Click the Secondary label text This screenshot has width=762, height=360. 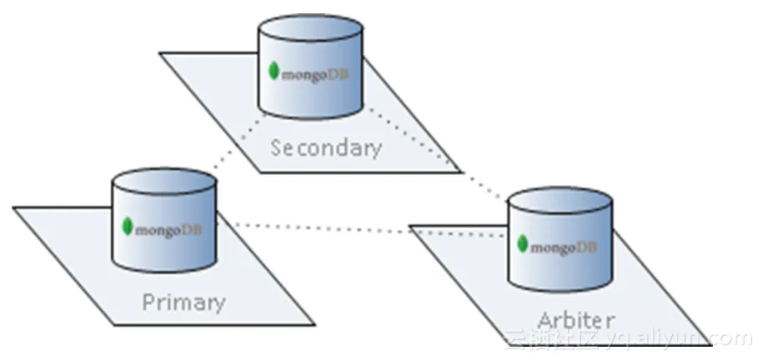(326, 148)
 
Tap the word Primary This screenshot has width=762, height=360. (183, 301)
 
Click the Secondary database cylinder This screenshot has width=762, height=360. (310, 75)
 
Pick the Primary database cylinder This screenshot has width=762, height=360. (165, 225)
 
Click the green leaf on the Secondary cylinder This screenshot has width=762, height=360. (273, 71)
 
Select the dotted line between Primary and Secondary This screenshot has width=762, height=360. (233, 150)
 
